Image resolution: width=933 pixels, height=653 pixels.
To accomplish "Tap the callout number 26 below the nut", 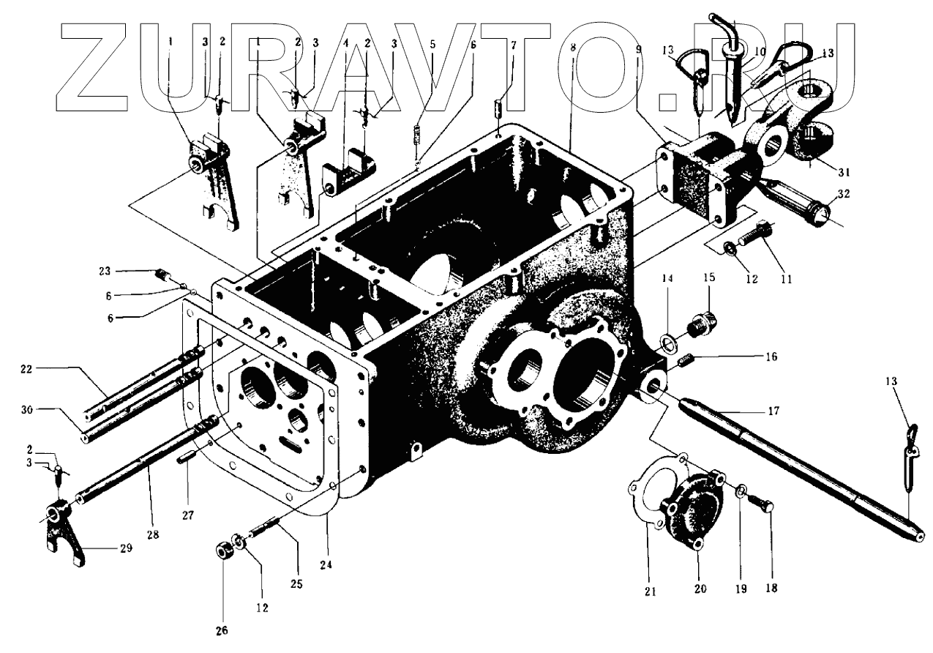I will pyautogui.click(x=220, y=630).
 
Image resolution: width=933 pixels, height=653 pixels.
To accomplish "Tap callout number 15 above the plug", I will pyautogui.click(x=710, y=279).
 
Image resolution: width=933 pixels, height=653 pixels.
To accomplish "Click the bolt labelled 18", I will pyautogui.click(x=765, y=505).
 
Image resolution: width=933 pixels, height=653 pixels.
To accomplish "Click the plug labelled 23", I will pyautogui.click(x=162, y=275).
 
